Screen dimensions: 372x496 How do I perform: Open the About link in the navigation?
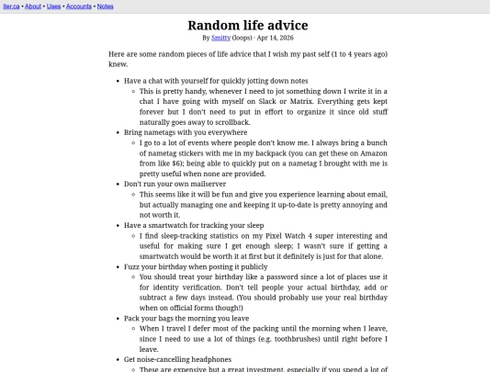(33, 6)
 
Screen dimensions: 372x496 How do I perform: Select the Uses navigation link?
(54, 6)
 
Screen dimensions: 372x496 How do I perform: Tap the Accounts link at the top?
(79, 6)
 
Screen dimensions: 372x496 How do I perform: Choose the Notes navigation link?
(106, 6)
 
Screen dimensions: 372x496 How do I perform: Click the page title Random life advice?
(247, 25)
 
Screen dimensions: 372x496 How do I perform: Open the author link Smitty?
(220, 39)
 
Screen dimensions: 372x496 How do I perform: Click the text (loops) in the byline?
(242, 39)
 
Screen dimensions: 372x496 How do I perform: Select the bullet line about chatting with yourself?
(216, 81)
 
